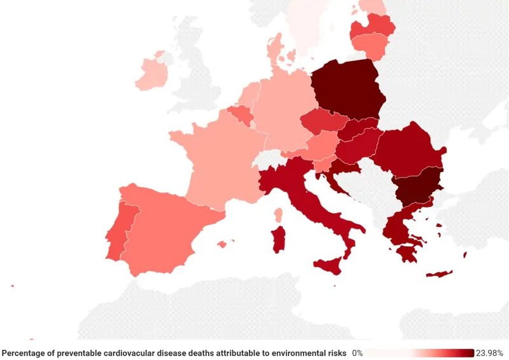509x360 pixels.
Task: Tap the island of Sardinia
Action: tap(278, 240)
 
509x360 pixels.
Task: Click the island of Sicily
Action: tap(328, 264)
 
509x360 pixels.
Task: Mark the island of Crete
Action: tap(439, 274)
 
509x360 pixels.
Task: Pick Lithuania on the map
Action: tap(372, 46)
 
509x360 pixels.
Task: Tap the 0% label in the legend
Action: tap(358, 353)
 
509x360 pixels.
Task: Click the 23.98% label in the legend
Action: tap(491, 353)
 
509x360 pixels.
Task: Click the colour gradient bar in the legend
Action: tap(420, 353)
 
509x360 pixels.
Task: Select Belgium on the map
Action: tap(240, 114)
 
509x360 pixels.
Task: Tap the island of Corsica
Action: tap(278, 214)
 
